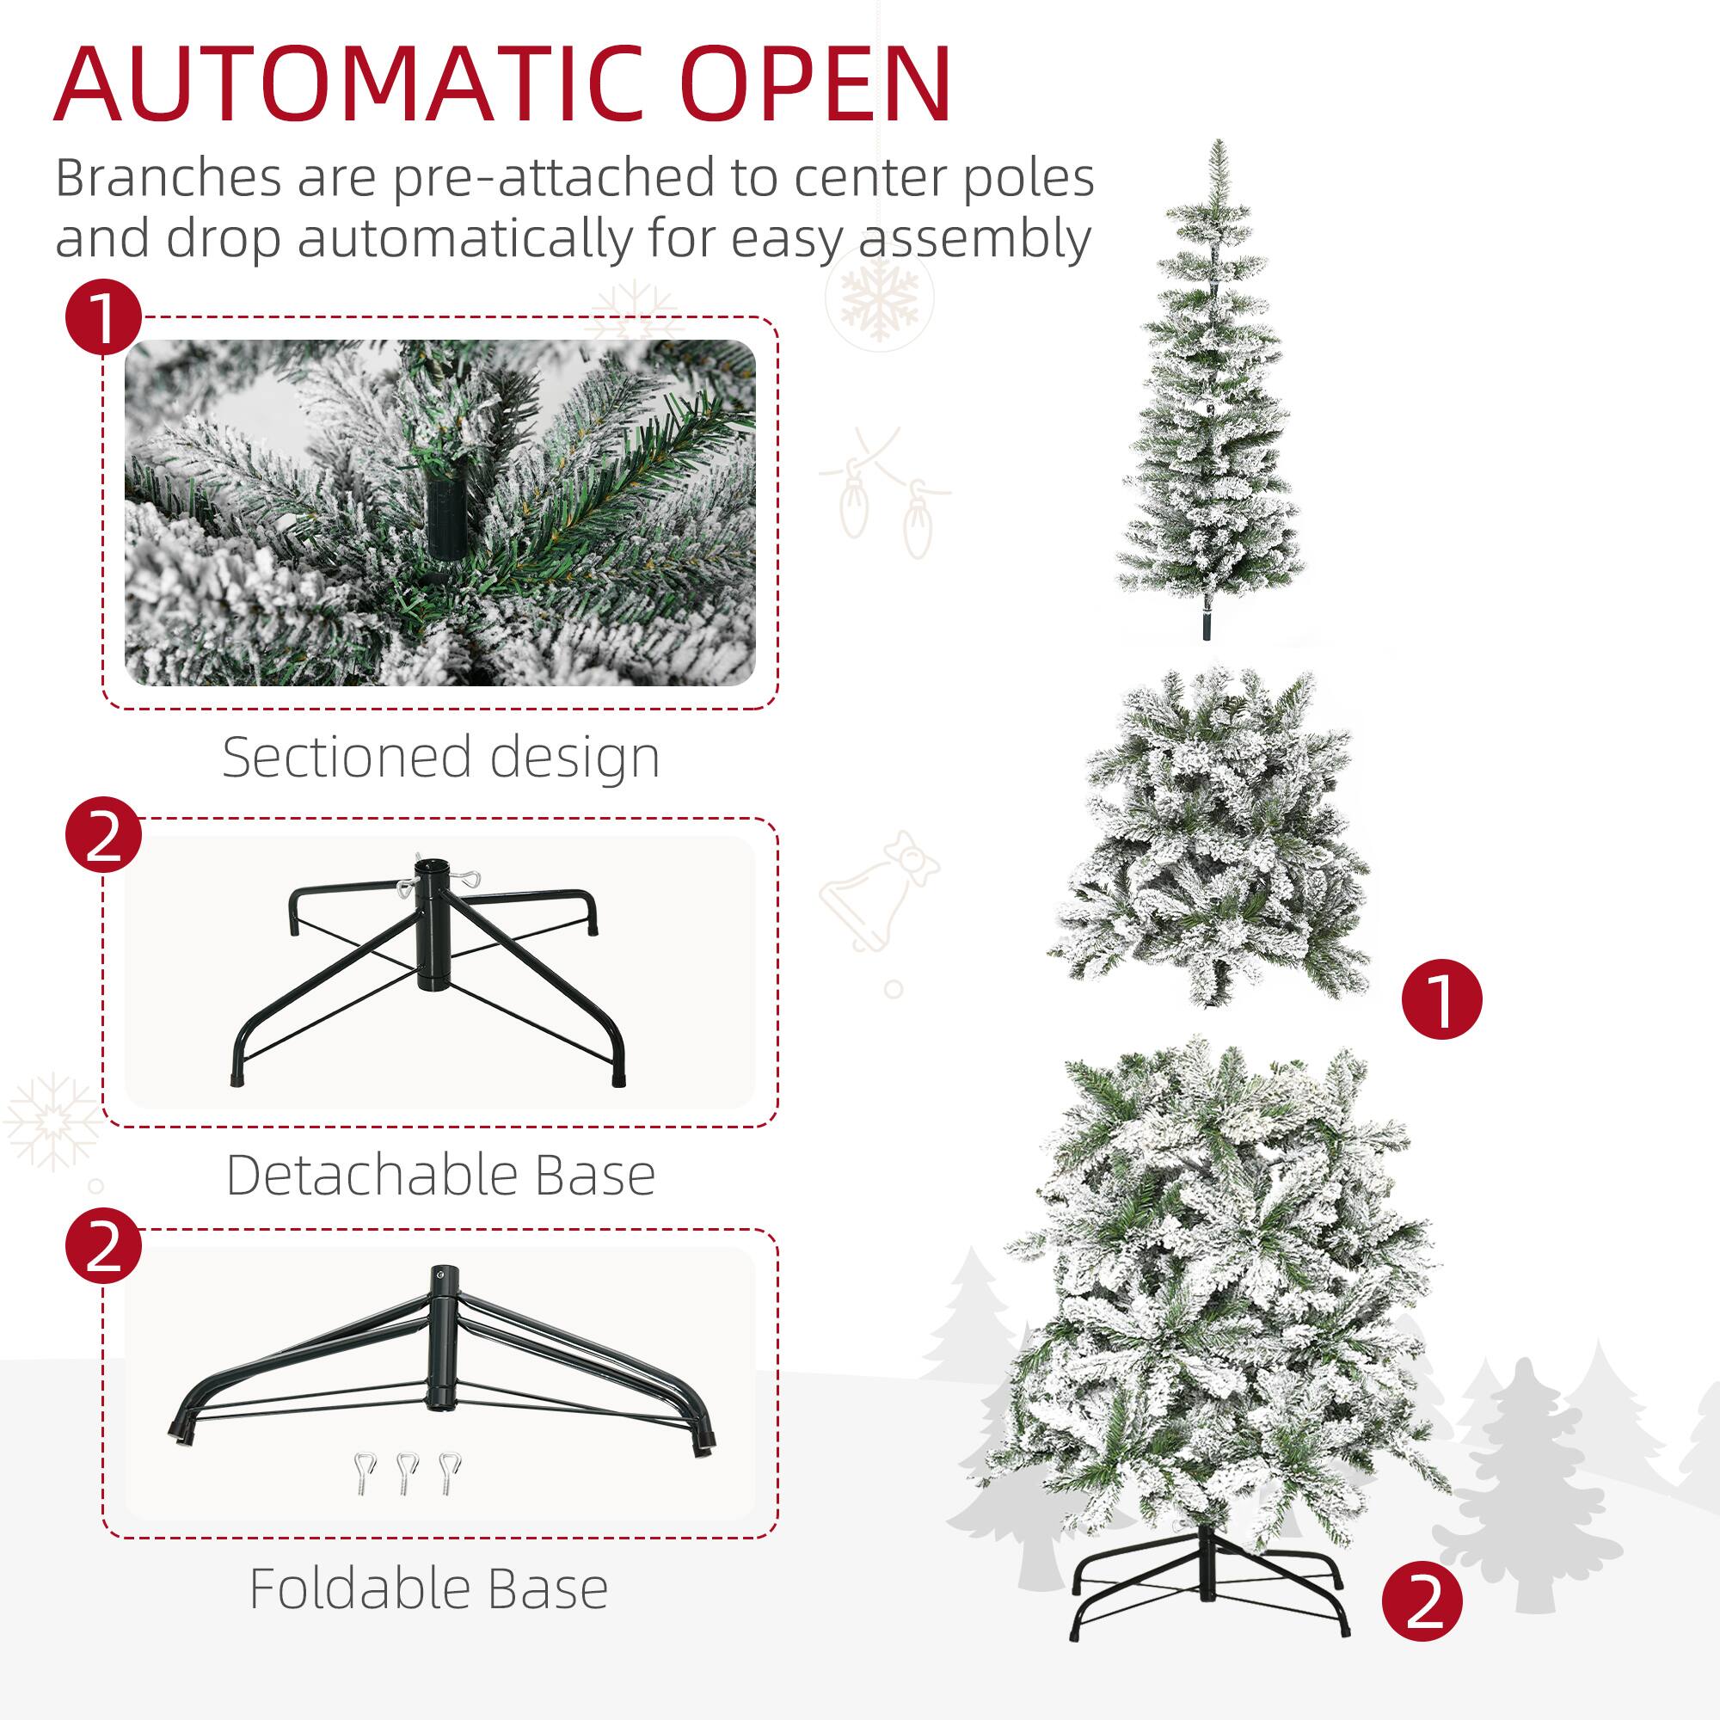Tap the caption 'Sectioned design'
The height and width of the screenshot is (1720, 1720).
point(440,758)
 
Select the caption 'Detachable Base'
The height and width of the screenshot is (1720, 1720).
point(440,1175)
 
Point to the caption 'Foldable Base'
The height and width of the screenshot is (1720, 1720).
point(428,1588)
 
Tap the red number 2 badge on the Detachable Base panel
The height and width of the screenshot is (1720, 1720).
point(103,834)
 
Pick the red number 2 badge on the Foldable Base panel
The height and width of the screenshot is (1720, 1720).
point(103,1245)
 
